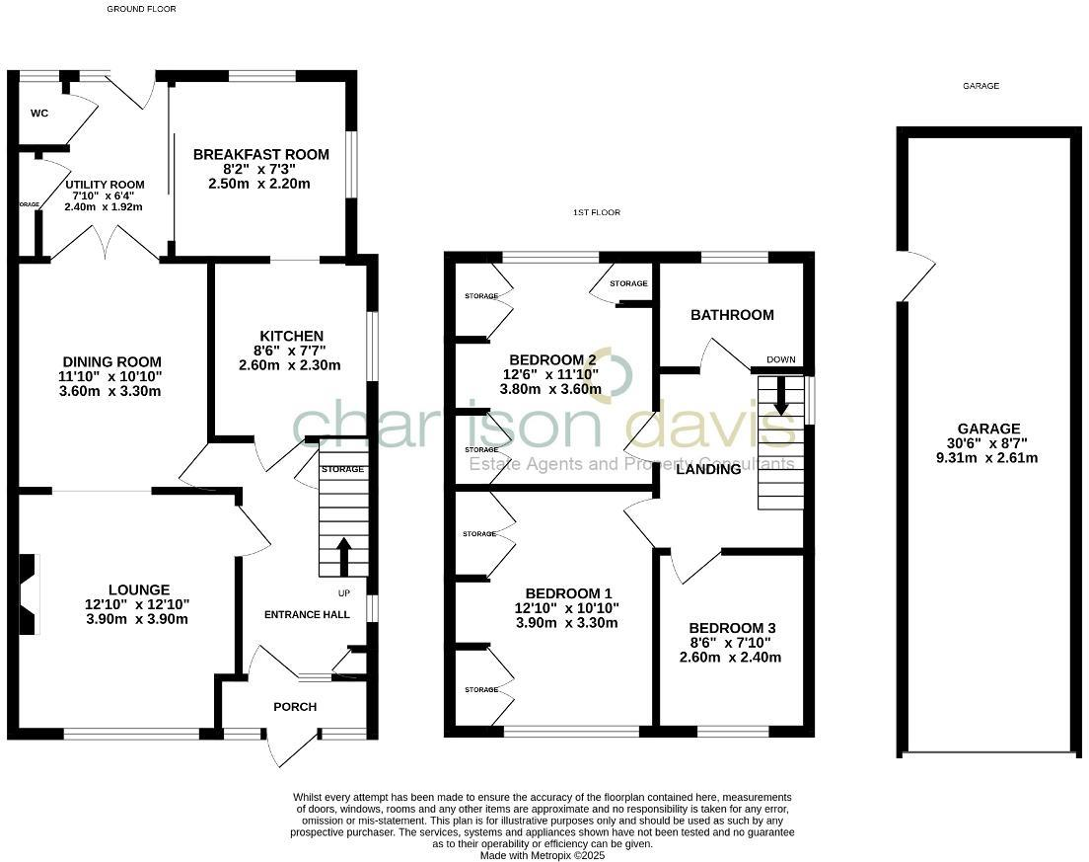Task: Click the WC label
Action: pyautogui.click(x=39, y=114)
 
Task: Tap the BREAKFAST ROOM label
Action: pyautogui.click(x=261, y=155)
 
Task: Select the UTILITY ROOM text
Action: pyautogui.click(x=106, y=185)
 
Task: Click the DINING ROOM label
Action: pyautogui.click(x=111, y=362)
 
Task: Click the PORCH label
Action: pyautogui.click(x=295, y=707)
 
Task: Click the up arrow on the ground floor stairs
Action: pyautogui.click(x=343, y=555)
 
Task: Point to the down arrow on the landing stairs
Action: pyautogui.click(x=781, y=394)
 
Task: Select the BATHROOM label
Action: pyautogui.click(x=732, y=315)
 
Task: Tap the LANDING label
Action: pyautogui.click(x=708, y=470)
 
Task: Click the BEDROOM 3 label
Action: pyautogui.click(x=730, y=628)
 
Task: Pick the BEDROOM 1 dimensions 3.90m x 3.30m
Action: pyautogui.click(x=566, y=623)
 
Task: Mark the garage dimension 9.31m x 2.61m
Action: pyautogui.click(x=987, y=458)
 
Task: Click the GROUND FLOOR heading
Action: pyautogui.click(x=142, y=9)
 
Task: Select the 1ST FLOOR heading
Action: pyautogui.click(x=597, y=213)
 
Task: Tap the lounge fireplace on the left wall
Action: pyautogui.click(x=29, y=593)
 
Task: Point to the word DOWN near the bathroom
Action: pyautogui.click(x=780, y=359)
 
